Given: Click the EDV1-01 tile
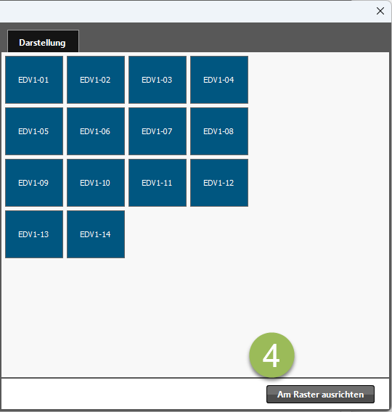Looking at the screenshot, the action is pos(34,80).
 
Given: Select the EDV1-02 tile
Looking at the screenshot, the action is pos(96,80).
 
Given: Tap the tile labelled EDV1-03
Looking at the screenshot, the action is pos(158,80).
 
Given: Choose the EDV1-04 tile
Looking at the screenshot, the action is pos(219,80).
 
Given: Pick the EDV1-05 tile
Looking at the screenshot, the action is pos(34,131).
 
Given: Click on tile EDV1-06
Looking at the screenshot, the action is pos(96,131).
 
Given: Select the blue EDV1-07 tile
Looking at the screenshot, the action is pos(158,131).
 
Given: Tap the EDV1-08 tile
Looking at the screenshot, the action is pos(219,131).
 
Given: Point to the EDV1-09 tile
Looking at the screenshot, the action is pos(34,183).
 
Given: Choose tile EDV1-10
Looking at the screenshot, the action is pos(96,183).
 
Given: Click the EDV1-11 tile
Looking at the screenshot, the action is pos(158,183).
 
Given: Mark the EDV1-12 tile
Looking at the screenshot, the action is pos(219,183).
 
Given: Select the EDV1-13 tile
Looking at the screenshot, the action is pos(34,234).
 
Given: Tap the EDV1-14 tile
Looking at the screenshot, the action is pos(96,234).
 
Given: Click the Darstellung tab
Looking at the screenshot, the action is pos(43,41).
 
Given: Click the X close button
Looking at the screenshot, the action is pos(380,11).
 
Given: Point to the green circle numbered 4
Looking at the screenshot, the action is pos(271,355).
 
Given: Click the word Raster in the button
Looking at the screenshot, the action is pos(306,395).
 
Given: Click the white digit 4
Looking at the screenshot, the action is pos(271,355).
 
